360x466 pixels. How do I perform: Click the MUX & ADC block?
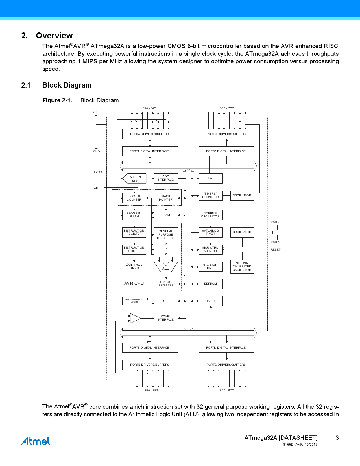135,179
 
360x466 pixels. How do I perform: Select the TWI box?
211,178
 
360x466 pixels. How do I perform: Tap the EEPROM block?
211,284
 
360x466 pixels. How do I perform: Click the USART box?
211,301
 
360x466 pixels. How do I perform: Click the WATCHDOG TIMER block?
211,232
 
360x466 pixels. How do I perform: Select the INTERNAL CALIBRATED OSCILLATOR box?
242,267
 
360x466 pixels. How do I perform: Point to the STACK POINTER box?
166,198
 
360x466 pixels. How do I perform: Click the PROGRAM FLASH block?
134,215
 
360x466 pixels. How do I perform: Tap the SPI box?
166,301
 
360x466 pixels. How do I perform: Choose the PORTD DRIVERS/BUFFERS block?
226,365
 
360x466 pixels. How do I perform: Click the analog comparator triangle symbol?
135,318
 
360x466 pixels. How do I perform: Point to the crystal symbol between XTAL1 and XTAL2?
277,232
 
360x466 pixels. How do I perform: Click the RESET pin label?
276,250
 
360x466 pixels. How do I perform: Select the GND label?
96,151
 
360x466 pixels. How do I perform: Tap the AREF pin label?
98,188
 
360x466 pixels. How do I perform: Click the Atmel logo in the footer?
36,441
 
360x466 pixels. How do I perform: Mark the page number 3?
337,438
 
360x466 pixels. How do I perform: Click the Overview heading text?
54,36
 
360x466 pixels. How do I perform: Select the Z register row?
166,254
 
